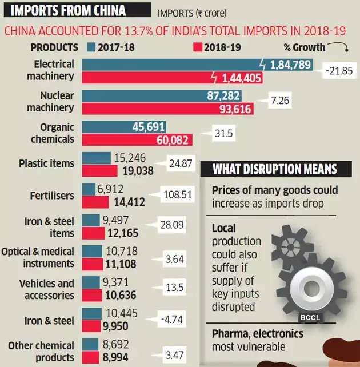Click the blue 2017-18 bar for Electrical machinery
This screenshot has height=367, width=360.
(198, 65)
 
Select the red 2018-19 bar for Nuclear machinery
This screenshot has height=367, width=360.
(168, 109)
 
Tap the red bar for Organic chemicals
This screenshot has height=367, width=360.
(137, 140)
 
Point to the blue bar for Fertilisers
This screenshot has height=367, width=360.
(89, 189)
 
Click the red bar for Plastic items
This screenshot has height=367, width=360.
(100, 171)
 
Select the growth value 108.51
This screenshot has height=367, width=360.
(178, 195)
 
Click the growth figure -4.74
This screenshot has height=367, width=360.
(172, 319)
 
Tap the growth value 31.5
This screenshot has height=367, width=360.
(224, 133)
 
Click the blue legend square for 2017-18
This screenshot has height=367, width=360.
(91, 47)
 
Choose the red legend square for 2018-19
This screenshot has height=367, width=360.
(198, 47)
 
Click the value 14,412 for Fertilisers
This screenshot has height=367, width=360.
(130, 202)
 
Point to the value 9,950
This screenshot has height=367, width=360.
(115, 326)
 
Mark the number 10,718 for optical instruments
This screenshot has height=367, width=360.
(122, 251)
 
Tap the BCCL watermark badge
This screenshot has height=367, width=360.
(310, 318)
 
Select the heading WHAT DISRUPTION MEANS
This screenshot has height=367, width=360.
(275, 169)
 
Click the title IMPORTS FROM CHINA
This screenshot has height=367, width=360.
(68, 10)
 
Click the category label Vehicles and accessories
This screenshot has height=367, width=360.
(47, 289)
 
